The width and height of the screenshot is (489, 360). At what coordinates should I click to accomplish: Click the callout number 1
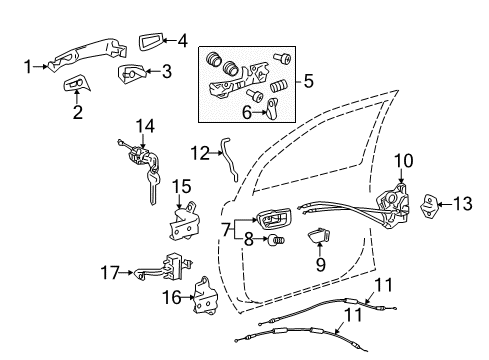[28, 67]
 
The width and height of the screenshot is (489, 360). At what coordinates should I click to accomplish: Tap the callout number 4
[181, 41]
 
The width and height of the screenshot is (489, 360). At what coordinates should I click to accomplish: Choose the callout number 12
[199, 152]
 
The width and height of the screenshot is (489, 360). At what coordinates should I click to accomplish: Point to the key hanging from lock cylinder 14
[151, 187]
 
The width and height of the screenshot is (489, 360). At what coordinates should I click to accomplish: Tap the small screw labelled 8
[280, 240]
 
